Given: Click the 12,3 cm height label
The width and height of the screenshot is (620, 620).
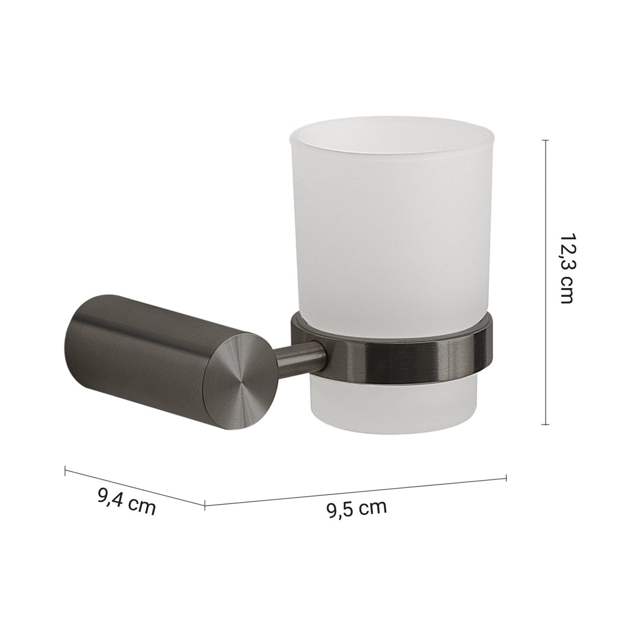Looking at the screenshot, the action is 566,269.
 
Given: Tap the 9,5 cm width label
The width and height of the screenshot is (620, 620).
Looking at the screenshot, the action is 356,508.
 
